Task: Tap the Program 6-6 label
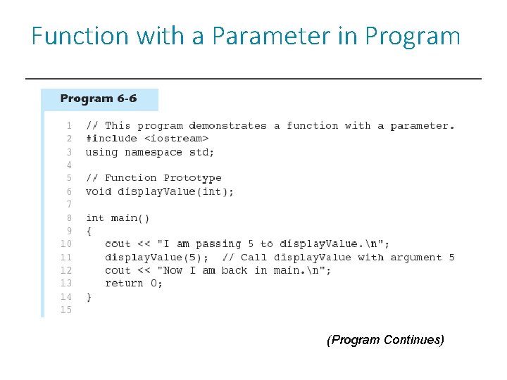click(99, 99)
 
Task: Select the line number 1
click(69, 126)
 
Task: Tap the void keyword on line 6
click(99, 191)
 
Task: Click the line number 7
click(69, 204)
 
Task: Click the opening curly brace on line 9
click(89, 231)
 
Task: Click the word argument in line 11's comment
click(415, 257)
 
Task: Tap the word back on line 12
click(234, 270)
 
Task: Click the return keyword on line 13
click(124, 283)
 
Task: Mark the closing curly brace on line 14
click(89, 296)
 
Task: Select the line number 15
click(65, 310)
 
